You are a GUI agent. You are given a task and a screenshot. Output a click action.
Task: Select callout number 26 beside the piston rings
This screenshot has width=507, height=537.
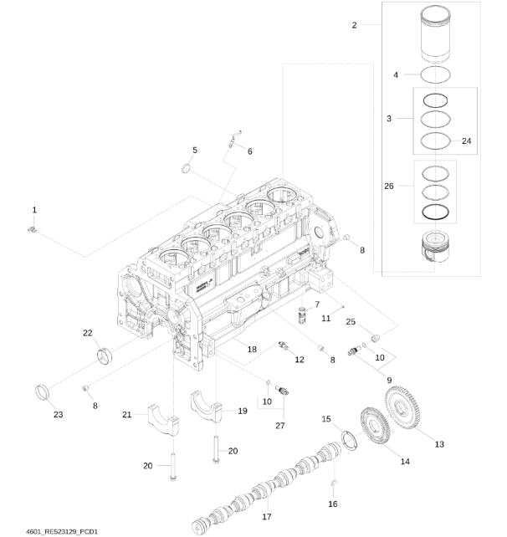click(388, 187)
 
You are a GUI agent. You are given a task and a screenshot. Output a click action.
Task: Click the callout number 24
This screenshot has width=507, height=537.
click(466, 141)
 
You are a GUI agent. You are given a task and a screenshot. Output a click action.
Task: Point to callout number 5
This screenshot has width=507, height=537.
click(194, 150)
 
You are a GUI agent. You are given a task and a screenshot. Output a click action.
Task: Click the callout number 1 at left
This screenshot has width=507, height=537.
click(34, 208)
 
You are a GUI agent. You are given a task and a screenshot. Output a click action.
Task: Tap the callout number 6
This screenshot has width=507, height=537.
click(248, 151)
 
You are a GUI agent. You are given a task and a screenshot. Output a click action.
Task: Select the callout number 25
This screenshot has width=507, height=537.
click(351, 321)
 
